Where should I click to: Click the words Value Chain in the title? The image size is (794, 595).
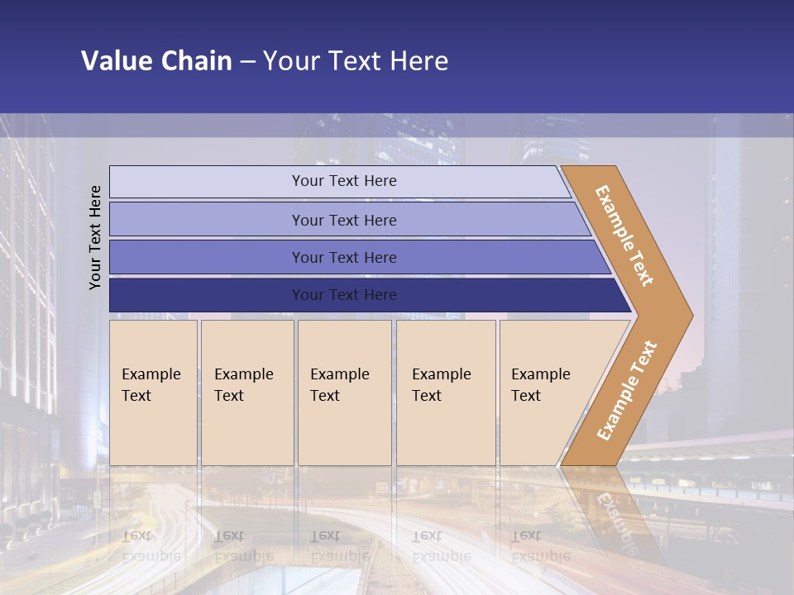(156, 61)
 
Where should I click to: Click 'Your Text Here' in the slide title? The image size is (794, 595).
(356, 61)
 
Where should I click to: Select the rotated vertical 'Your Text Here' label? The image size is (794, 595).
(95, 237)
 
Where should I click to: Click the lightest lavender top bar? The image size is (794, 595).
(207, 182)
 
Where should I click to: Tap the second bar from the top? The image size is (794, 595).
(207, 220)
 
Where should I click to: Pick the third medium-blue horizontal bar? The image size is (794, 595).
(207, 257)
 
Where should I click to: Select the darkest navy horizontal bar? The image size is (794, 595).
(207, 295)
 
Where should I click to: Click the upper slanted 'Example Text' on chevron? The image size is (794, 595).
(624, 236)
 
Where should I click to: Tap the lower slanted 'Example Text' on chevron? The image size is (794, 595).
(627, 391)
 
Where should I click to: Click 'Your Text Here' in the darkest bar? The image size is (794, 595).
(344, 295)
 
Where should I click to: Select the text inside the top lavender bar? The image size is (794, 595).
(344, 181)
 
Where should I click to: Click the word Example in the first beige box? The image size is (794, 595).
(151, 374)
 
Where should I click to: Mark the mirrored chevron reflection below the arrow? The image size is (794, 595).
(612, 512)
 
